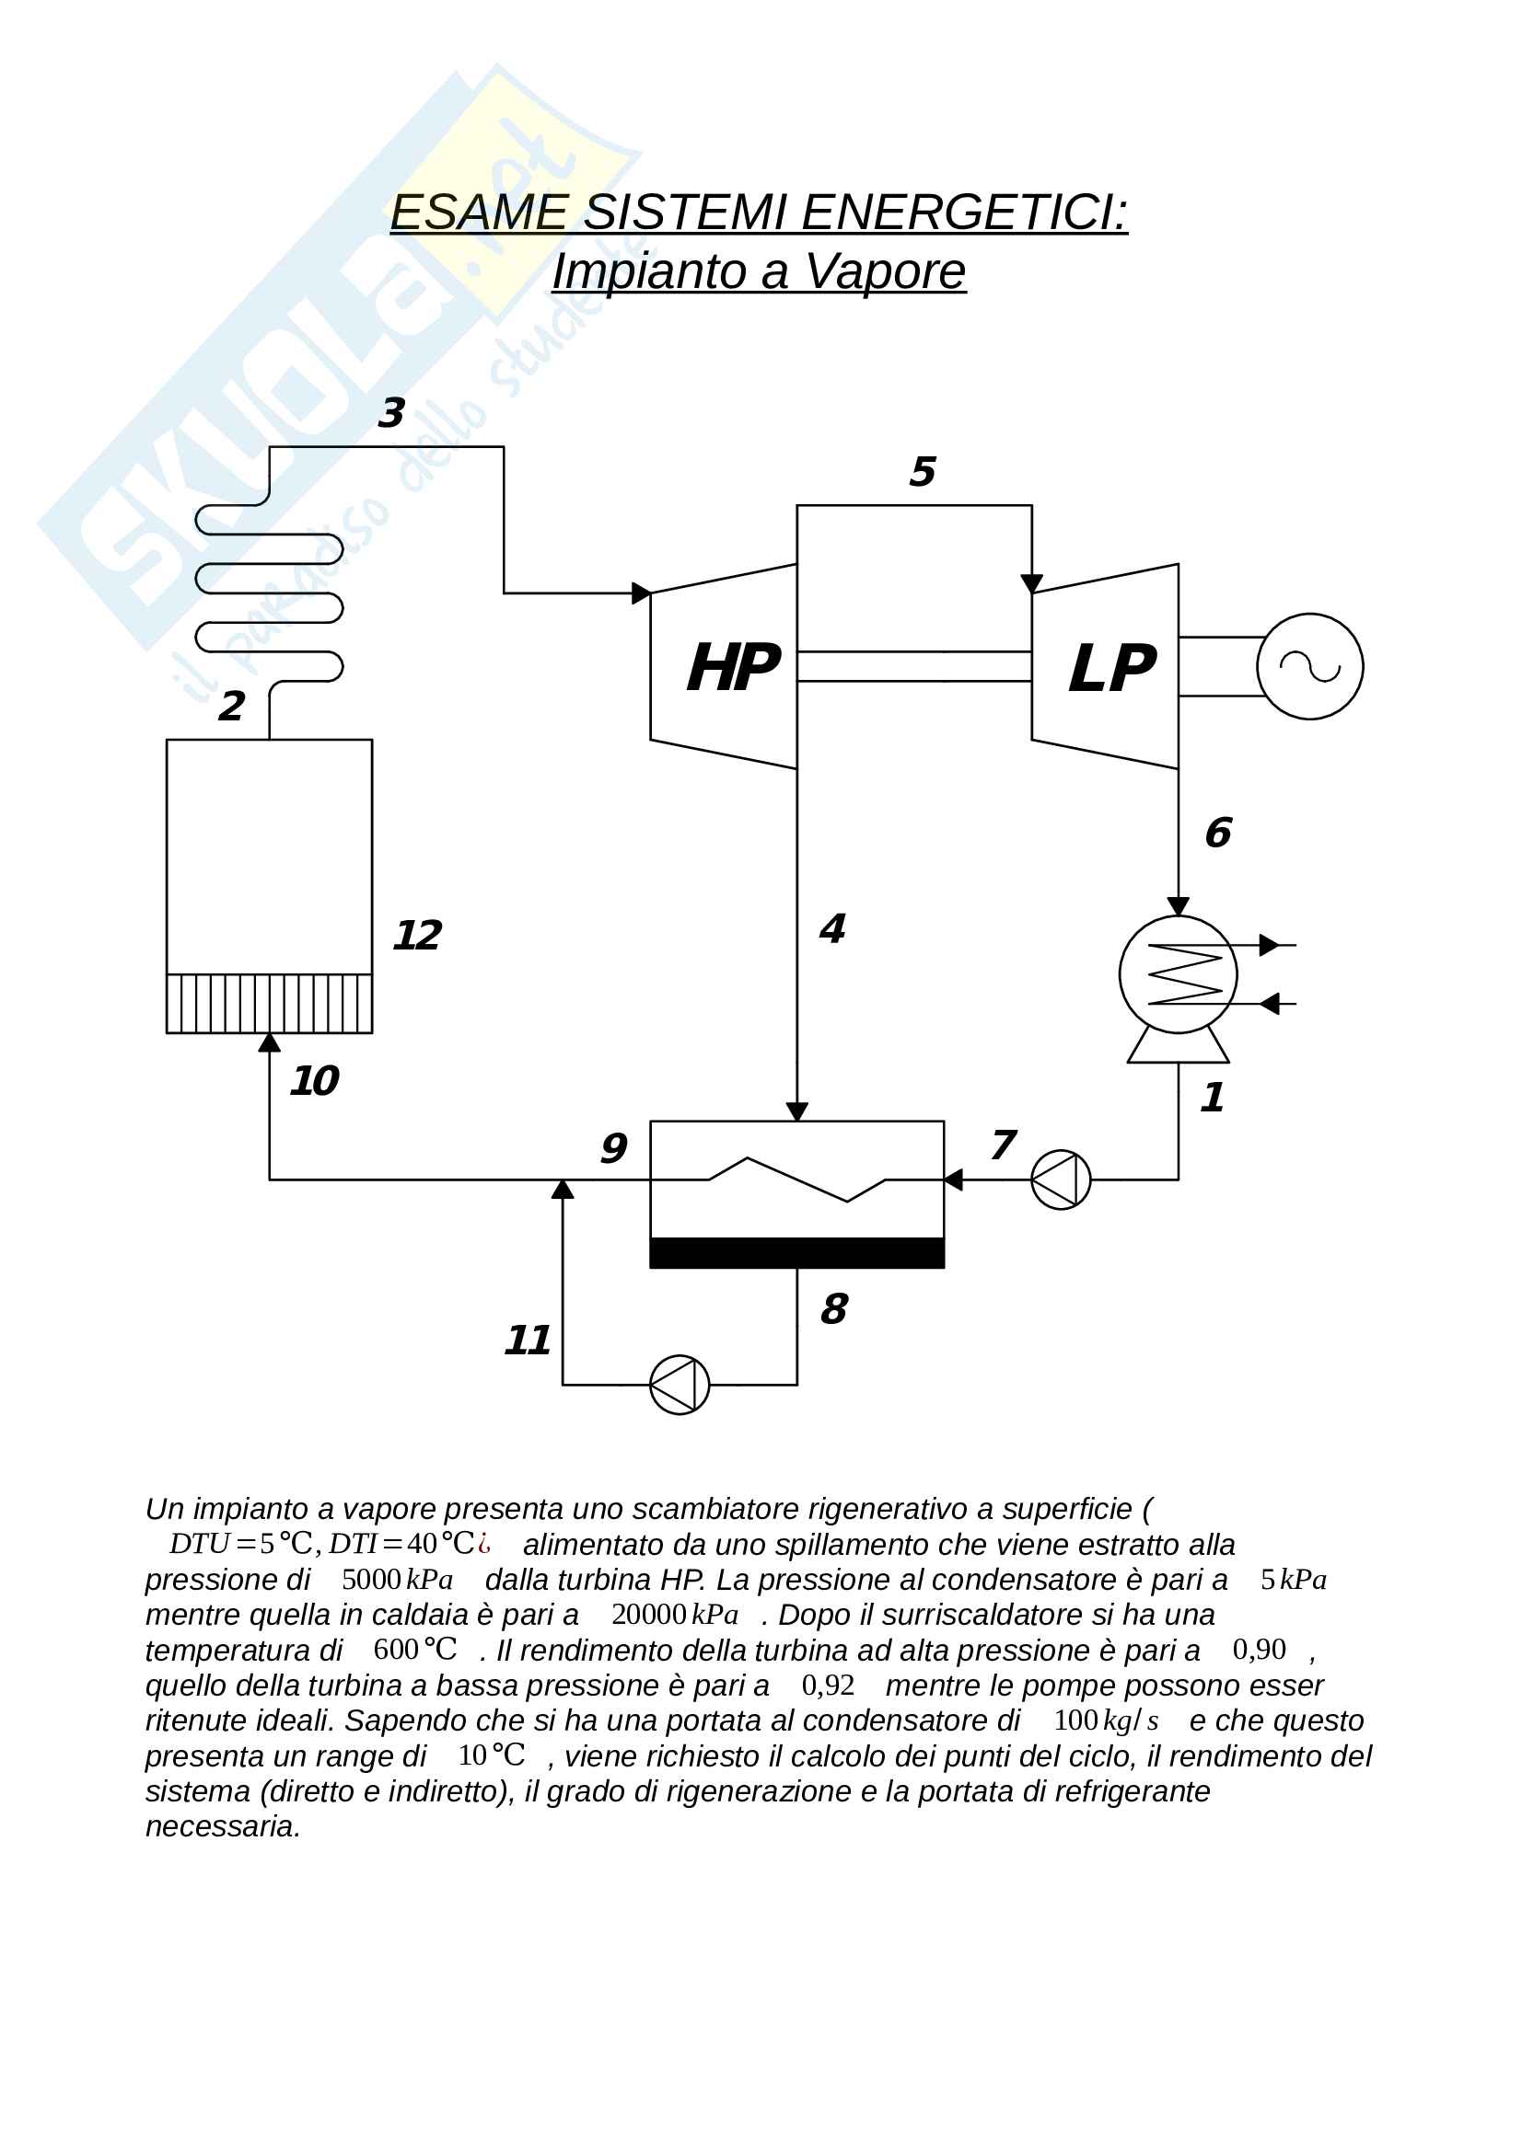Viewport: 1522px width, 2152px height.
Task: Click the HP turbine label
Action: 732,668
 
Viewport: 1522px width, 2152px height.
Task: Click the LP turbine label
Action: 1111,669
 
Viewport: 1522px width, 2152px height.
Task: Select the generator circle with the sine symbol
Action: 1309,666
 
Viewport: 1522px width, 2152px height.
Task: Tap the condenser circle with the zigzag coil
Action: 1178,974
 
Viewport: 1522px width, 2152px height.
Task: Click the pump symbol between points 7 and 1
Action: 1061,1180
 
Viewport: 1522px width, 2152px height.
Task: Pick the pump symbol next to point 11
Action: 679,1385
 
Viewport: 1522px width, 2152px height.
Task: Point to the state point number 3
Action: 391,412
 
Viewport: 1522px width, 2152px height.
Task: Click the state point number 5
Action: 922,471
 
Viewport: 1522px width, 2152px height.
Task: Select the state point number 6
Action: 1217,833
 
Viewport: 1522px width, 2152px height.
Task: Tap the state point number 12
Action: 416,936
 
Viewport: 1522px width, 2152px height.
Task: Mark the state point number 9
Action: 613,1148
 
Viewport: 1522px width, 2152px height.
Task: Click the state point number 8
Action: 833,1308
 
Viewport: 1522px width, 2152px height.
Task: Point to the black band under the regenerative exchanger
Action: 796,1253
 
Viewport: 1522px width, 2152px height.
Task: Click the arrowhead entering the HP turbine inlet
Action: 642,593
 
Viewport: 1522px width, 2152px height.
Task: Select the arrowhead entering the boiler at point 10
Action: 269,1042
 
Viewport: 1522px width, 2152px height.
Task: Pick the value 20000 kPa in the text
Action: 674,1614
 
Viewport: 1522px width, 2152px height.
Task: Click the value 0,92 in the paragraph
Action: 827,1686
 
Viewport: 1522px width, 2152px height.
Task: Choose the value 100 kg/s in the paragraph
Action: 1106,1720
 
